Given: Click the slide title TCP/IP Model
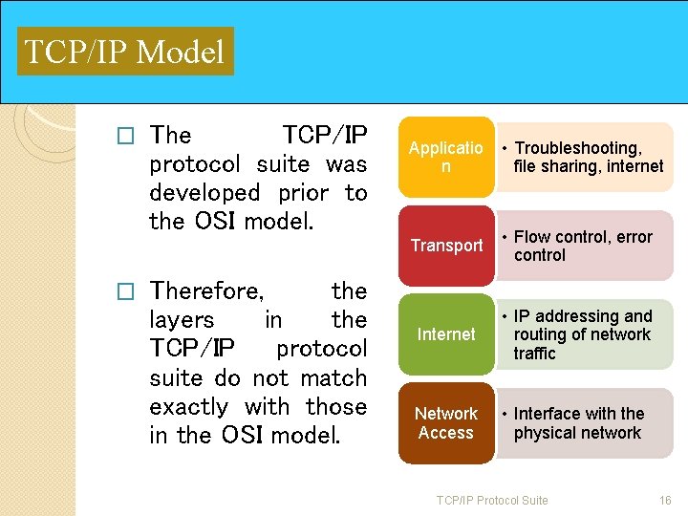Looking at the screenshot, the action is (x=124, y=52).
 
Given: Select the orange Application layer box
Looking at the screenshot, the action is (x=445, y=158).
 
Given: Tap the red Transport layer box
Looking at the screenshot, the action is (x=446, y=246).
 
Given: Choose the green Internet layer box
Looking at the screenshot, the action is (x=445, y=334).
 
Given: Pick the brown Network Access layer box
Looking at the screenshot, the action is (x=445, y=423).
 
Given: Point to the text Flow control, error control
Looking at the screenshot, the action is (x=583, y=246).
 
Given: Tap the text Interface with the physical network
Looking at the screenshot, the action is (x=578, y=423).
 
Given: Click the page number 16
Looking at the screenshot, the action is (x=665, y=501).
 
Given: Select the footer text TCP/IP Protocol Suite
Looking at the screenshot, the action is (x=492, y=501).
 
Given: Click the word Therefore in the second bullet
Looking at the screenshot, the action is (x=207, y=290).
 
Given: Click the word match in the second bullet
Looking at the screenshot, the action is (x=333, y=378).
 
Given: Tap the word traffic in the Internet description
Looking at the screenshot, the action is (x=534, y=354).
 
